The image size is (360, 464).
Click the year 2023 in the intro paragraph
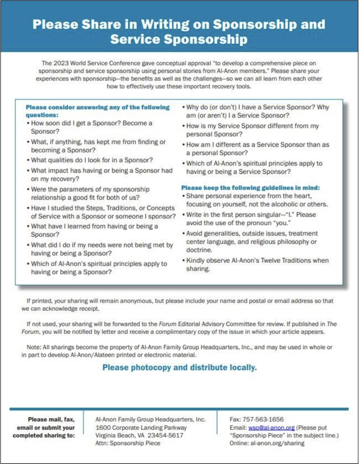[x=61, y=63]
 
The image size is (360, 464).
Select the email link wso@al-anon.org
[x=271, y=428]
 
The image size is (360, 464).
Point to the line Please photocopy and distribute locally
[x=180, y=368]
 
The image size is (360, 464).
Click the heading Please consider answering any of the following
[x=97, y=108]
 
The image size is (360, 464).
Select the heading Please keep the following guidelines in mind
[x=250, y=188]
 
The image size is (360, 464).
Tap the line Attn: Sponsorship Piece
[x=128, y=443]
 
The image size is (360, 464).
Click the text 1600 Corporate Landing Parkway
[x=141, y=428]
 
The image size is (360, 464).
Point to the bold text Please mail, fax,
[x=51, y=420]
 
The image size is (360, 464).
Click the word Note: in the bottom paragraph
[x=34, y=347]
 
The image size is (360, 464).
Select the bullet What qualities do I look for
[x=91, y=160]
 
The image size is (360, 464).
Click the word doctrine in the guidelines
[x=199, y=250]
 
